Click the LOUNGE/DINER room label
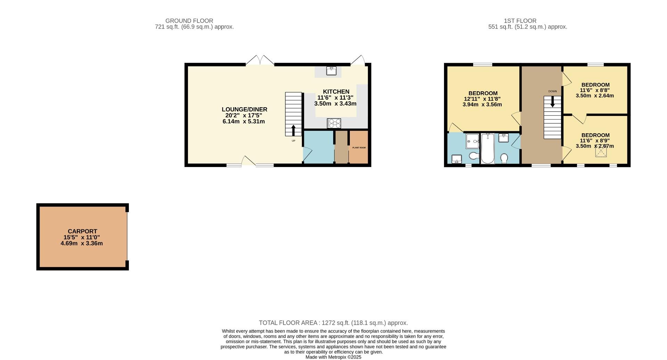(245, 109)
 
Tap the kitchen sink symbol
(331, 71)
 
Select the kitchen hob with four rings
(334, 123)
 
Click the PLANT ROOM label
(359, 148)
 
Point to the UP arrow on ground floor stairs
(293, 131)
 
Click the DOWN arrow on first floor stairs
(552, 101)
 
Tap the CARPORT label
(82, 231)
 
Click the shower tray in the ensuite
(472, 141)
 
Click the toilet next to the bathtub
(504, 158)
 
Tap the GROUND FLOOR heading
(189, 21)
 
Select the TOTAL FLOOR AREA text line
(333, 323)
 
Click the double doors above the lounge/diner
(260, 60)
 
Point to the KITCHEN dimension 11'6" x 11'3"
(335, 98)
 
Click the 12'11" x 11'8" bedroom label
(482, 99)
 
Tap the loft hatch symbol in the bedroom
(601, 152)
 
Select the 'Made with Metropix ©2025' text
(333, 357)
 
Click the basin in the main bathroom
(503, 138)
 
